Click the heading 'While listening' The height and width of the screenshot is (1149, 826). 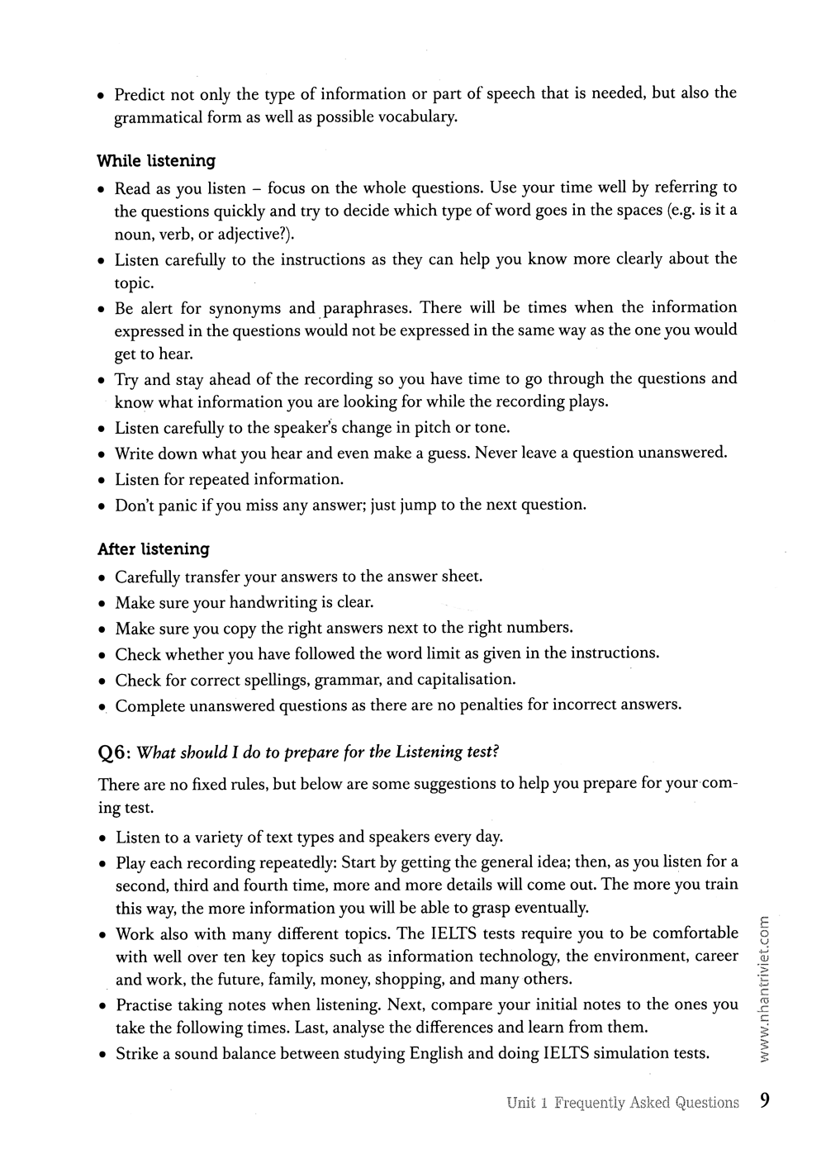point(156,161)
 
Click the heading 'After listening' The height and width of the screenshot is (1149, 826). point(153,549)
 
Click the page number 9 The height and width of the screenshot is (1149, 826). point(765,1101)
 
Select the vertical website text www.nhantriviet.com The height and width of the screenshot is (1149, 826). point(764,988)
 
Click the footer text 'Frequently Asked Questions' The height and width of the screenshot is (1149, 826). point(647,1103)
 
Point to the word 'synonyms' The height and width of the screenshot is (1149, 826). point(245,308)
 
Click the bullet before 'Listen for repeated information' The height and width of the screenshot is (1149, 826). point(102,480)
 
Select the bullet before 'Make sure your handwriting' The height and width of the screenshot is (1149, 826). point(102,603)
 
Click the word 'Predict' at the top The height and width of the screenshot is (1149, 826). point(140,94)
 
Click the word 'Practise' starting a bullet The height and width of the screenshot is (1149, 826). point(146,1005)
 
